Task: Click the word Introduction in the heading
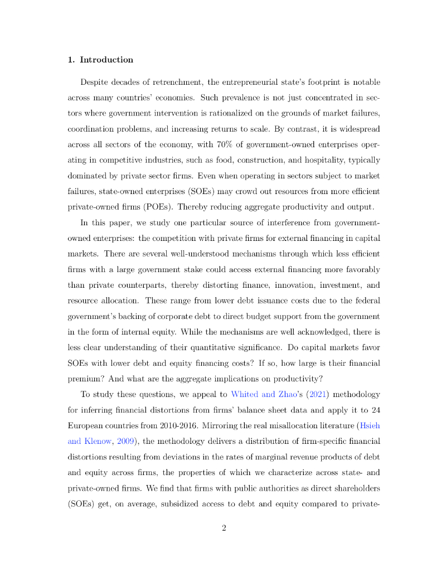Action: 106,60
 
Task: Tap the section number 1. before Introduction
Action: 71,60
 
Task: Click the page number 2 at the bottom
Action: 224,528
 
